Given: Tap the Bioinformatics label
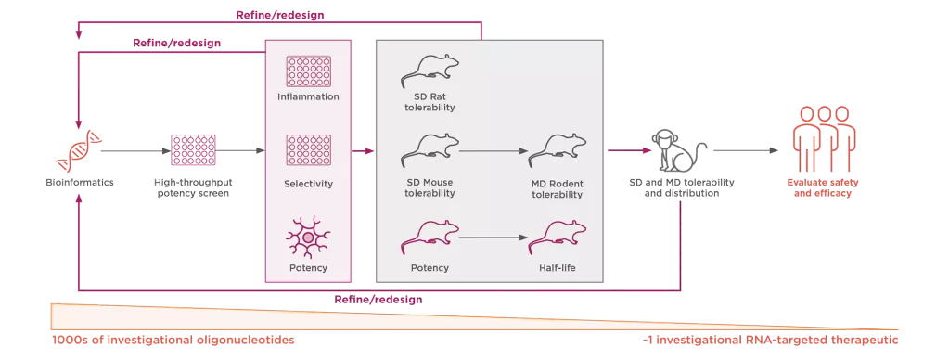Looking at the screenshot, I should coord(83,183).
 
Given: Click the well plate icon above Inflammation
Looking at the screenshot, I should coord(309,71).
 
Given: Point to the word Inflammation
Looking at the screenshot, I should coord(309,96).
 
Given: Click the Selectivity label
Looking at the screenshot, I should coord(309,185).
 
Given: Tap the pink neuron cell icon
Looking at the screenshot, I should coord(309,236).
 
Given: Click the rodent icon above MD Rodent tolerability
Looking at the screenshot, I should coord(557,148).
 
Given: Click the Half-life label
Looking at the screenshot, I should coord(557,268).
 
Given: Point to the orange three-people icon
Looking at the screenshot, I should coord(819,135).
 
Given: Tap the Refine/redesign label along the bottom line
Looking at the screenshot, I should coord(378,300).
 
